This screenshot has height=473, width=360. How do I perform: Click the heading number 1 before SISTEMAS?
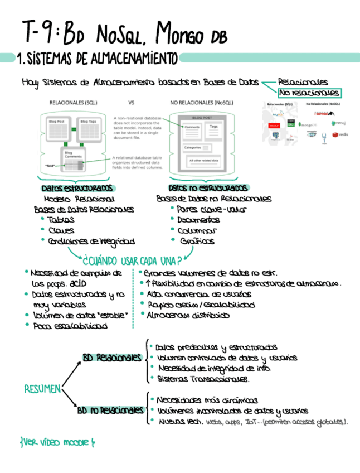point(20,58)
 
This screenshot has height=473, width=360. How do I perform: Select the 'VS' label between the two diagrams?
point(132,103)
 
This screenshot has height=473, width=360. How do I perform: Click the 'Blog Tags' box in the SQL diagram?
point(88,122)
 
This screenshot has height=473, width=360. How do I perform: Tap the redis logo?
point(339,134)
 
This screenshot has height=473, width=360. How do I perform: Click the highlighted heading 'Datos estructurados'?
point(77,188)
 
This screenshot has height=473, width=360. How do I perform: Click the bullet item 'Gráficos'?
point(197,241)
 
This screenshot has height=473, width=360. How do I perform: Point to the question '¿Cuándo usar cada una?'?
point(132,260)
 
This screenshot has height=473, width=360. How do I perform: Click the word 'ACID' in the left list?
point(93,283)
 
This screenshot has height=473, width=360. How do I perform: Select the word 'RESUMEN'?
point(42,389)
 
